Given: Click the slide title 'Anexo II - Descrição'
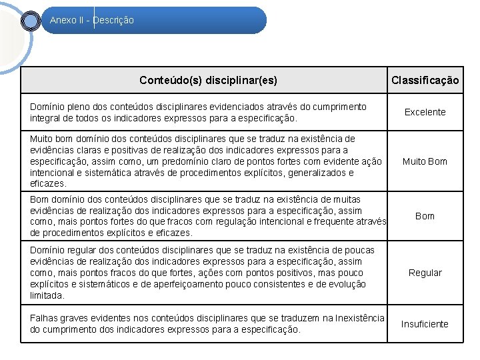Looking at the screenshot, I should (92, 20).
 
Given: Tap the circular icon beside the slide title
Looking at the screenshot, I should (31, 21).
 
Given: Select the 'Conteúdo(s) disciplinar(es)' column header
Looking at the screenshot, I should (208, 81).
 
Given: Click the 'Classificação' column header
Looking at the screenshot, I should (425, 81).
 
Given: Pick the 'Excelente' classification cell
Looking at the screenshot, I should (425, 112).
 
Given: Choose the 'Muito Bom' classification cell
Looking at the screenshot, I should (425, 161).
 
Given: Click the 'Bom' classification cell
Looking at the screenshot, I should (425, 216).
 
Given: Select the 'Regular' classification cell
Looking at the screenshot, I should (425, 273).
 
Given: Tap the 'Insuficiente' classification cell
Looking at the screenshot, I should (425, 324).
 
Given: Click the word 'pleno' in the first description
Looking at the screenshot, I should (80, 107).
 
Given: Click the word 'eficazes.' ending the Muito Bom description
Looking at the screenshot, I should (48, 183).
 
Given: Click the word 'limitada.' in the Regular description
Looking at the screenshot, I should (47, 295).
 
